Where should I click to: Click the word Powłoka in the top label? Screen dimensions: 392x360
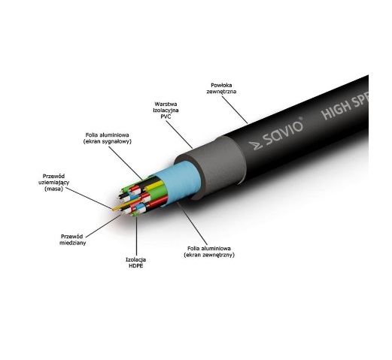221,85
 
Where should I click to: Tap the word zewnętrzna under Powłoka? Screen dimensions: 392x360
221,92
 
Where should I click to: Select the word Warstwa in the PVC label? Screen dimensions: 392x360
166,104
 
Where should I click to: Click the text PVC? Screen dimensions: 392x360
166,116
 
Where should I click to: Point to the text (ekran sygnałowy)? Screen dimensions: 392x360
108,141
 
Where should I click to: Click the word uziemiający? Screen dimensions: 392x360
53,183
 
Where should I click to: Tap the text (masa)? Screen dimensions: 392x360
53,189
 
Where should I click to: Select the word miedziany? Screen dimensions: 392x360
72,243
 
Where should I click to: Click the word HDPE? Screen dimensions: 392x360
136,265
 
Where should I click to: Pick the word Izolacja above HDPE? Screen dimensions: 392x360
135,259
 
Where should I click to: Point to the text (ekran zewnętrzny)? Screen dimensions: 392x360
209,255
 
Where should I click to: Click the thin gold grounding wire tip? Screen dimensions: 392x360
114,209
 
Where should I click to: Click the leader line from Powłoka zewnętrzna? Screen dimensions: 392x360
235,110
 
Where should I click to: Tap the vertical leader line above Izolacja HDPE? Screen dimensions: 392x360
137,236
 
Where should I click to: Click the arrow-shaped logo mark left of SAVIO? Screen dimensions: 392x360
255,146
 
